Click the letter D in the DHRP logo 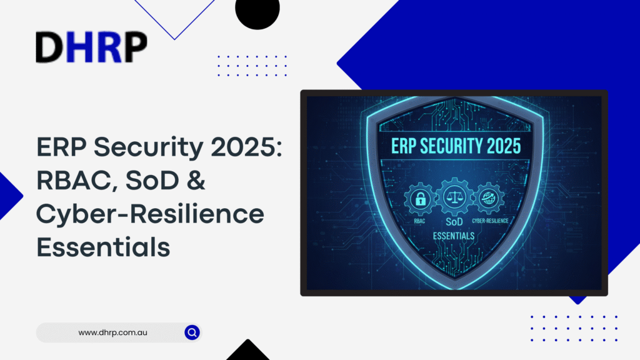(x=49, y=47)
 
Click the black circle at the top (x=257, y=11)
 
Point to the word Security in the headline (x=149, y=148)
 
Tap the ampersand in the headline (x=196, y=180)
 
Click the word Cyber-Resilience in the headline (x=150, y=215)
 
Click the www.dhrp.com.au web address (x=112, y=332)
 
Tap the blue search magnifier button (x=192, y=332)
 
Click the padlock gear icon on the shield (x=420, y=199)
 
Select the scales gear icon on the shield (x=454, y=197)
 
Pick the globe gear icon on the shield (x=489, y=199)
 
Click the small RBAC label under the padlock (x=419, y=221)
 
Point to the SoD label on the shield (x=454, y=222)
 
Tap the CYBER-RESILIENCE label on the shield (x=490, y=221)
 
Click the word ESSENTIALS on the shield (x=454, y=236)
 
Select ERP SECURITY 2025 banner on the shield (x=456, y=146)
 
